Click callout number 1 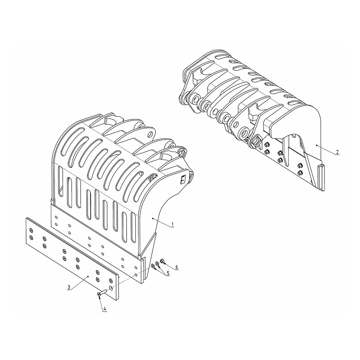coord(172,224)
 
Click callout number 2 coord(337,152)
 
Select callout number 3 coord(69,287)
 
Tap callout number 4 coord(105,309)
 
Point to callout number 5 coord(168,273)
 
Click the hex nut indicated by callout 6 coord(162,261)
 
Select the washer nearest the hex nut coord(157,264)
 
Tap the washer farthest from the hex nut coord(153,266)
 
